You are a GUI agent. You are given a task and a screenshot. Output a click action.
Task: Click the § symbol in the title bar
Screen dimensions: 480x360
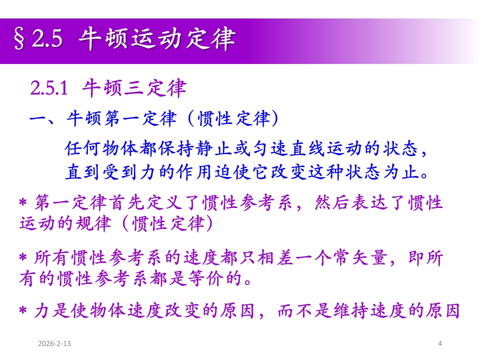point(19,39)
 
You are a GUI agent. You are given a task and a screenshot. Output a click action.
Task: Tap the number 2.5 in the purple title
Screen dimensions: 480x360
point(47,38)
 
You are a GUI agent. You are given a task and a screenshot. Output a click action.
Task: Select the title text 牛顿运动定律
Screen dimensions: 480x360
point(156,39)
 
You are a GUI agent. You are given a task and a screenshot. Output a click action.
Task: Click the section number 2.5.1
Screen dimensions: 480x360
point(49,88)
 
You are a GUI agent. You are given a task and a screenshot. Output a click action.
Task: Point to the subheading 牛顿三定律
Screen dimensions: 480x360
point(134,88)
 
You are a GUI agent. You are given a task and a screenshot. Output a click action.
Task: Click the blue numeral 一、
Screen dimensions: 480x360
point(42,119)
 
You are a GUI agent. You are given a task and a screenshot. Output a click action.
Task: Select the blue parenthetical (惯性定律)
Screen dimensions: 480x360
point(233,118)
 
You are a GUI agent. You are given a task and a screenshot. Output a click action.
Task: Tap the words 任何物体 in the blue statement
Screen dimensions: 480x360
point(101,148)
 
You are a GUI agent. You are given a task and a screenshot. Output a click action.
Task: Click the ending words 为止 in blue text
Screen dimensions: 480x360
point(401,171)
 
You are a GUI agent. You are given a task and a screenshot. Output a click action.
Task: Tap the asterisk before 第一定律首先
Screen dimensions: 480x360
point(23,202)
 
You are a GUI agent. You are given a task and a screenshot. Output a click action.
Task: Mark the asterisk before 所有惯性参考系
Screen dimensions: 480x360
point(23,257)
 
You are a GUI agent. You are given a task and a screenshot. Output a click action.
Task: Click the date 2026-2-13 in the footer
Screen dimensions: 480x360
point(54,343)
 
